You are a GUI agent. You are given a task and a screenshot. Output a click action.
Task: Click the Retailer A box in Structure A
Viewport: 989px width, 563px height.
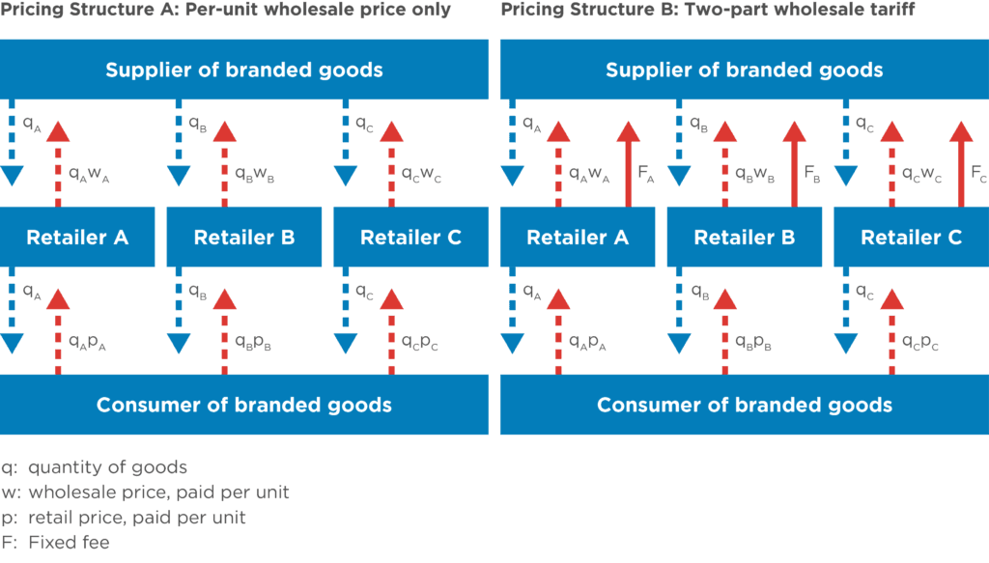(x=77, y=238)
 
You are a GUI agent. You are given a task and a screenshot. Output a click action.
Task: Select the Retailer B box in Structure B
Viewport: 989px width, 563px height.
(x=745, y=238)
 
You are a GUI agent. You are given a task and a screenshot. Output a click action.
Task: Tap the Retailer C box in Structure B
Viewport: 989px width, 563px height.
(x=911, y=238)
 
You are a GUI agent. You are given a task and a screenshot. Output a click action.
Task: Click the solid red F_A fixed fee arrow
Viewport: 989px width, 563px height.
(x=629, y=164)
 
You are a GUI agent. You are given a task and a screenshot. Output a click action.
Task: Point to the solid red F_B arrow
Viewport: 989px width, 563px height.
(x=795, y=164)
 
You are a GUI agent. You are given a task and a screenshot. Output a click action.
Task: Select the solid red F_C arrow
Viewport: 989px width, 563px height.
(x=961, y=164)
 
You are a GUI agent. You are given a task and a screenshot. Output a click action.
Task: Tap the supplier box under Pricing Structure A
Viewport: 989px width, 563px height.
(x=244, y=70)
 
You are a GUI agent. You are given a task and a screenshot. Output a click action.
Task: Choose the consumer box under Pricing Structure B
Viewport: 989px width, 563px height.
(x=744, y=405)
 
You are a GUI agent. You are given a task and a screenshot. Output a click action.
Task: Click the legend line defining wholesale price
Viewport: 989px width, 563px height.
(x=145, y=493)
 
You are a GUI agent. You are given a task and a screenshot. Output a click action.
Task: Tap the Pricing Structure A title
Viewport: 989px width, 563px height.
(x=225, y=10)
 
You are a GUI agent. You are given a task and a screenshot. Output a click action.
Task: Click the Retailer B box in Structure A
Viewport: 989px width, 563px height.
(x=244, y=238)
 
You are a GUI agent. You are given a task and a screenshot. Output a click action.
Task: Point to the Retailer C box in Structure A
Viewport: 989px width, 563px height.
(x=410, y=238)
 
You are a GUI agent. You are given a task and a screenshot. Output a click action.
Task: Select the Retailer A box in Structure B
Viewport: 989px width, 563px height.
(x=578, y=238)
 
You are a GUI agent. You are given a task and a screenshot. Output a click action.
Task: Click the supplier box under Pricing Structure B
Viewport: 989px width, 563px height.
(x=744, y=70)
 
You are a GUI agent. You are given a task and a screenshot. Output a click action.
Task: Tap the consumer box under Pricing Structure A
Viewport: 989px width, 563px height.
(x=244, y=405)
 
